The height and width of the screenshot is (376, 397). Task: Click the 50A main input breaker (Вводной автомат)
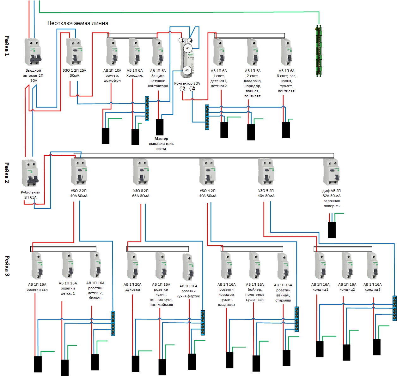click(33, 51)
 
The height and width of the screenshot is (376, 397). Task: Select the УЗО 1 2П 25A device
click(74, 51)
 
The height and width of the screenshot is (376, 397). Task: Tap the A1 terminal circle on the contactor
click(188, 48)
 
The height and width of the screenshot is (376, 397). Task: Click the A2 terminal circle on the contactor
click(187, 70)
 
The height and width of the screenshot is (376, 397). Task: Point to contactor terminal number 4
click(193, 89)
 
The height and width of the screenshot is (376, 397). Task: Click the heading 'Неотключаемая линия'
click(78, 23)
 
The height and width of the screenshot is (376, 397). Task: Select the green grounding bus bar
click(319, 51)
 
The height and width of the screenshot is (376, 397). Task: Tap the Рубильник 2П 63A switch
click(30, 173)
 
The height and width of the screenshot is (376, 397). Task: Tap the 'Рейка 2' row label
click(7, 173)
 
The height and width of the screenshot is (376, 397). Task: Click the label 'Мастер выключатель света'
click(161, 144)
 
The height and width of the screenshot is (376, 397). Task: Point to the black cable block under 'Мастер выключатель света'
click(160, 127)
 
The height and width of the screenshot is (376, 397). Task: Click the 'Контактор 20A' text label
click(187, 83)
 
